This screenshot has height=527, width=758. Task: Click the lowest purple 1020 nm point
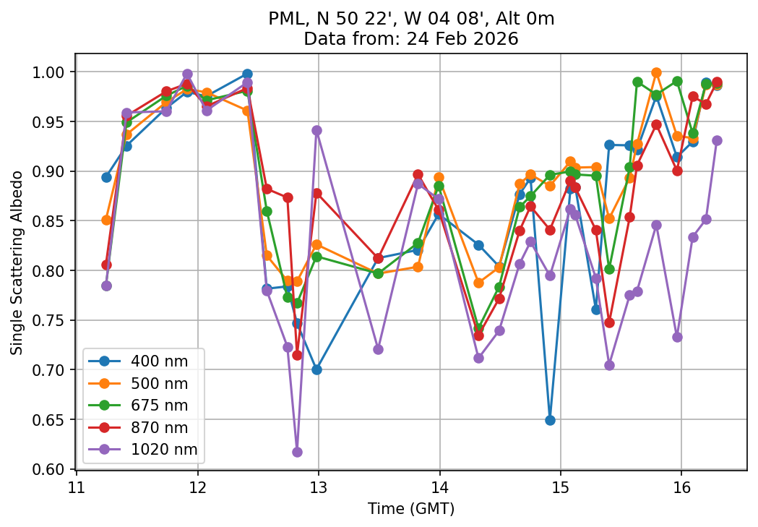click(297, 452)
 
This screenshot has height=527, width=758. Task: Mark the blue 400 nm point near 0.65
click(550, 420)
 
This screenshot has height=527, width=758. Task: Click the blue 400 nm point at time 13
click(316, 369)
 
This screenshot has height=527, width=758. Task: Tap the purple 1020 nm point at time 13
click(316, 130)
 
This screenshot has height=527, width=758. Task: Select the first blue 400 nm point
click(106, 177)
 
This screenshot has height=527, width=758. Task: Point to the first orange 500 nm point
click(106, 220)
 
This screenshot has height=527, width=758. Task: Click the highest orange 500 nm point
click(656, 72)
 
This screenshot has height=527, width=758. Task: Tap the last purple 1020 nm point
click(717, 140)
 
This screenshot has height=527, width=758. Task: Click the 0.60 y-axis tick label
click(55, 469)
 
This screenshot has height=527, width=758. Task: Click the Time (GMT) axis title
click(410, 509)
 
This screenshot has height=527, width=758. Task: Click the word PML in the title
click(284, 20)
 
